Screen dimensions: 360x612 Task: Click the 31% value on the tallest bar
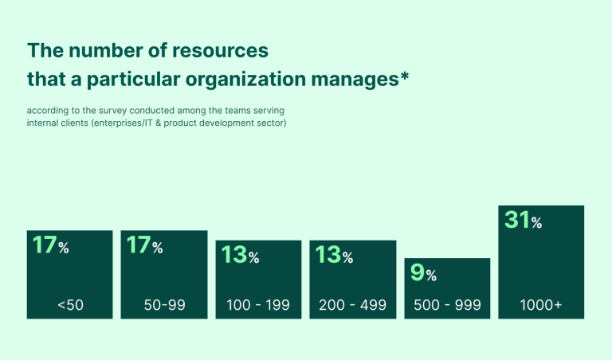pyautogui.click(x=524, y=220)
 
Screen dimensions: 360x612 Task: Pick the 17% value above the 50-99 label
pyautogui.click(x=144, y=245)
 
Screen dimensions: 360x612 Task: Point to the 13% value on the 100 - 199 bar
pyautogui.click(x=240, y=256)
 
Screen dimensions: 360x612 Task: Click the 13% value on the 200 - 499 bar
pyautogui.click(x=334, y=255)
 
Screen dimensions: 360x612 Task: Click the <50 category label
pyautogui.click(x=70, y=305)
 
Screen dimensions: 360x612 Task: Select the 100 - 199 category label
pyautogui.click(x=258, y=305)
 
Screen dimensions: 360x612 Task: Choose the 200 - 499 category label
pyautogui.click(x=352, y=305)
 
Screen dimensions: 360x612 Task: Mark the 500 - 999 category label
pyautogui.click(x=447, y=305)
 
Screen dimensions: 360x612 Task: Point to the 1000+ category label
pyautogui.click(x=541, y=305)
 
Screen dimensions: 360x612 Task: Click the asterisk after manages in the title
pyautogui.click(x=404, y=76)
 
